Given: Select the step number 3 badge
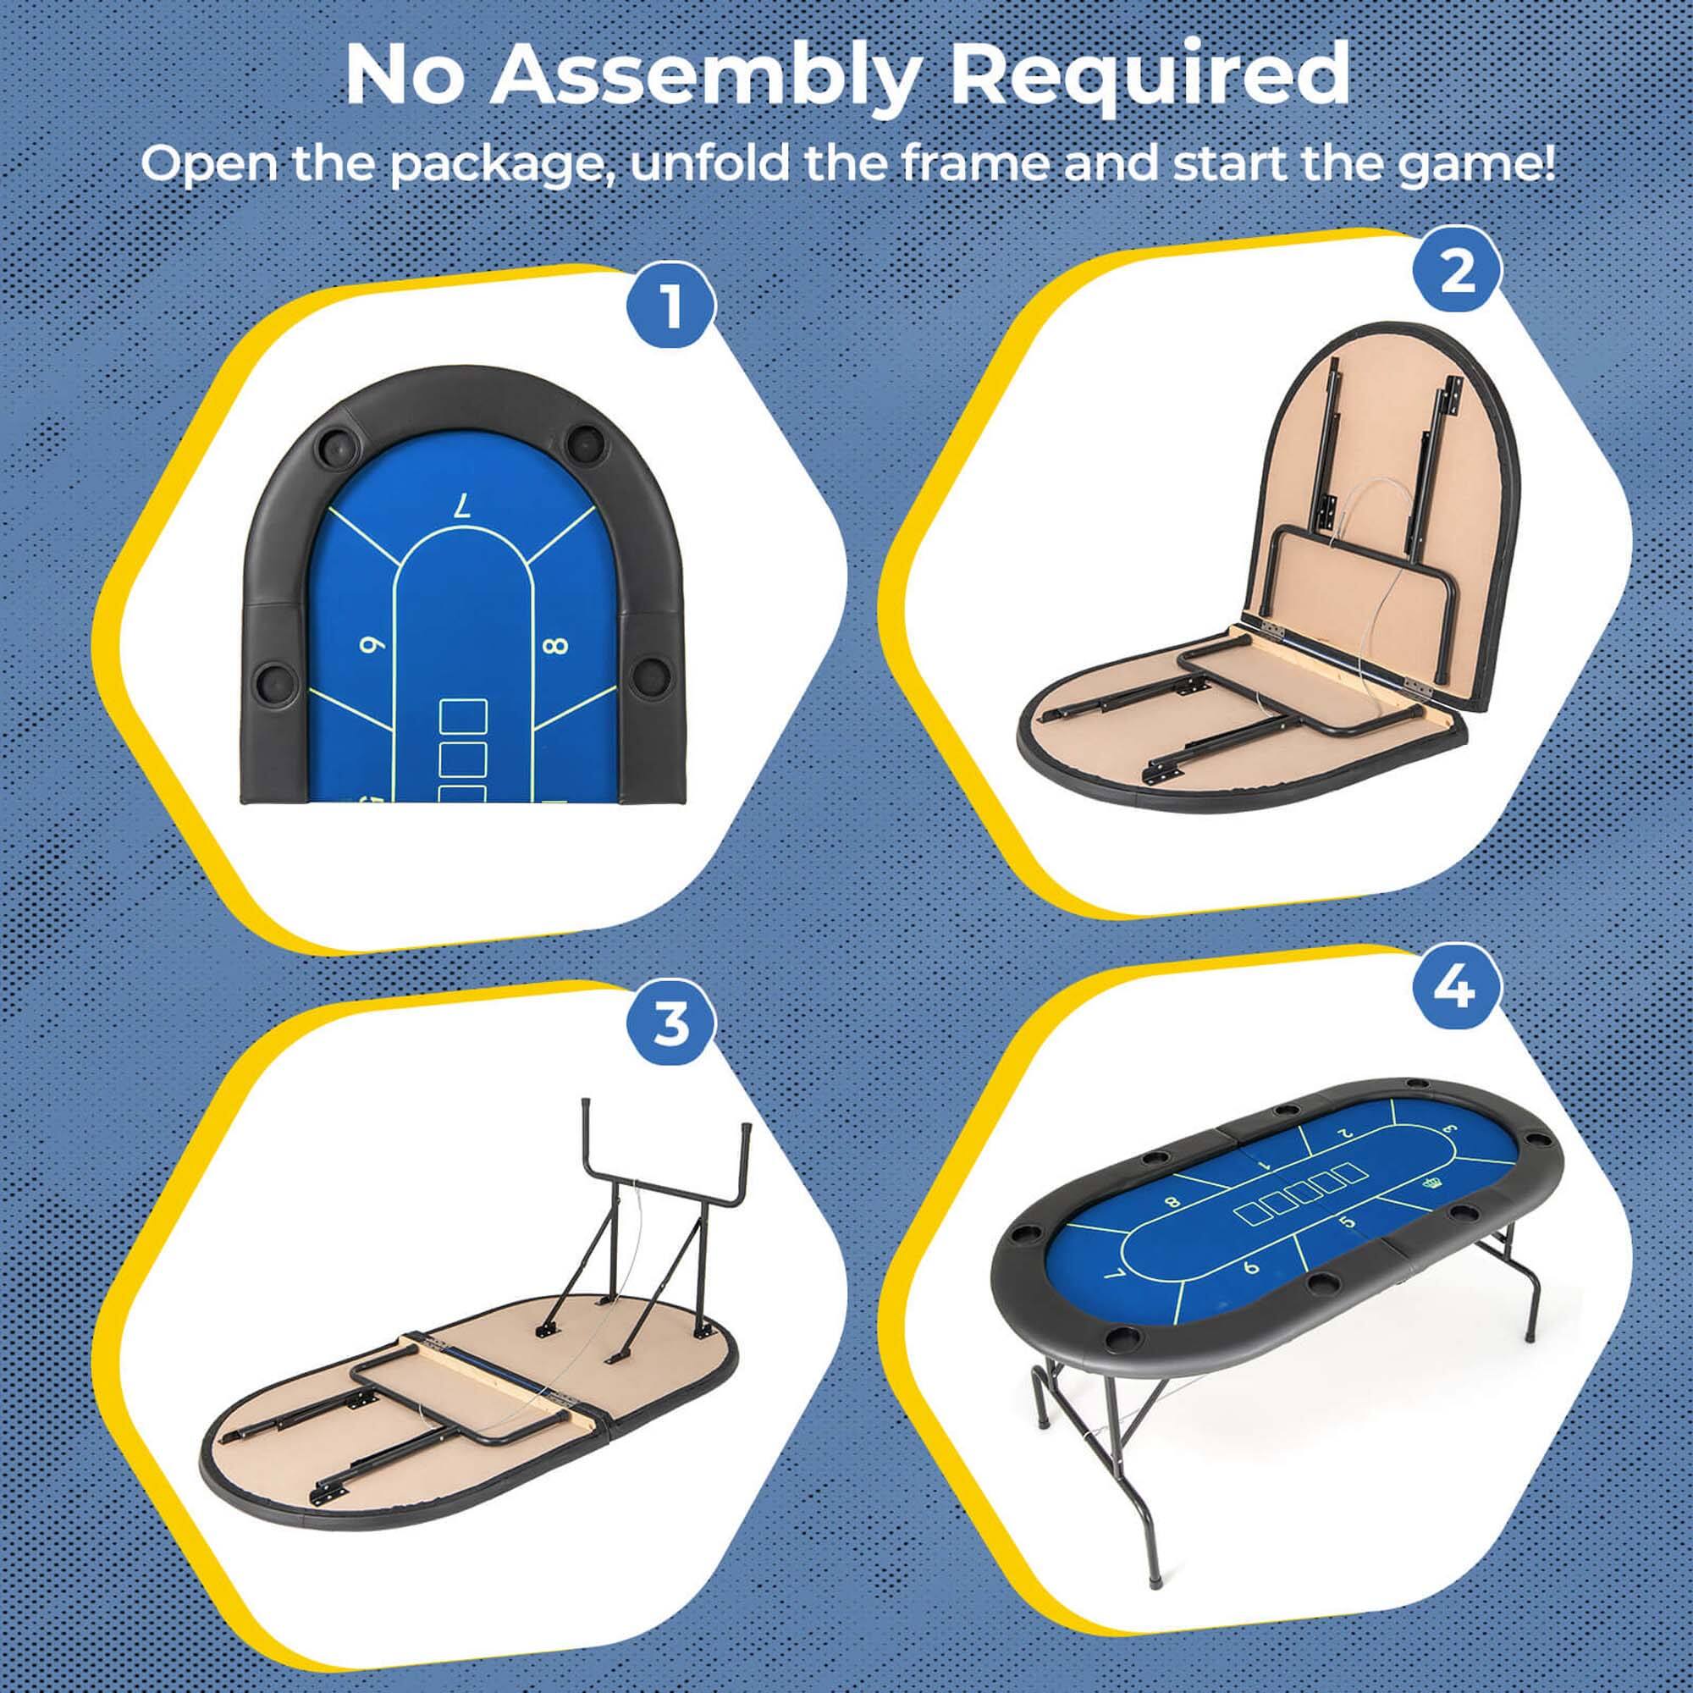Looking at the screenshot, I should [x=670, y=1023].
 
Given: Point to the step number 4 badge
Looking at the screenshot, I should [x=1456, y=989].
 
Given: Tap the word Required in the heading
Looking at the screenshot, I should [x=1150, y=77].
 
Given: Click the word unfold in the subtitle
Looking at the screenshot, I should [x=708, y=164].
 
